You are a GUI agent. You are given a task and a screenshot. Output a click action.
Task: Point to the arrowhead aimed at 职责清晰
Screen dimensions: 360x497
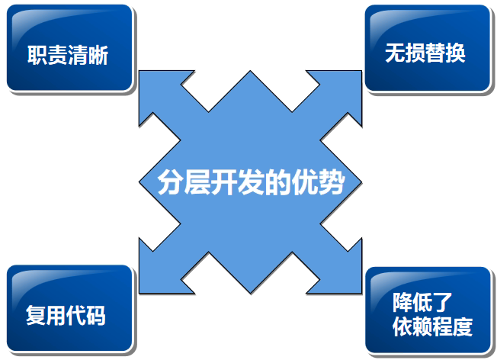[156, 88]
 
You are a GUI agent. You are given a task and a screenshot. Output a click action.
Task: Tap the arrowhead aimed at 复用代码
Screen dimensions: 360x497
[156, 277]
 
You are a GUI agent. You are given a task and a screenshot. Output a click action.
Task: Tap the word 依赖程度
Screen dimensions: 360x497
[432, 326]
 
